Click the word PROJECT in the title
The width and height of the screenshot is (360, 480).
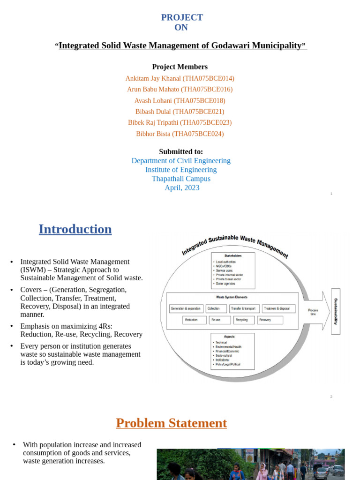pyautogui.click(x=182, y=18)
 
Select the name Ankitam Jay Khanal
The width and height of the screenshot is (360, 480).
pyautogui.click(x=153, y=78)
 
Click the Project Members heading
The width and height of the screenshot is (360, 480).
pyautogui.click(x=180, y=67)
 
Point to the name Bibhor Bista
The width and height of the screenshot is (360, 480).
pyautogui.click(x=153, y=134)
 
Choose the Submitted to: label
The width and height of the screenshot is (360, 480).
pyautogui.click(x=181, y=151)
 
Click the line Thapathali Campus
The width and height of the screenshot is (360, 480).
pyautogui.click(x=181, y=179)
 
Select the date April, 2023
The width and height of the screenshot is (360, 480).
pyautogui.click(x=182, y=187)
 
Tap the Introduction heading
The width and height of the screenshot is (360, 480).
pyautogui.click(x=75, y=229)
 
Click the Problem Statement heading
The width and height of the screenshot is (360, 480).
pyautogui.click(x=171, y=423)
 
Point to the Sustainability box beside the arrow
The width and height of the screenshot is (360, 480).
pyautogui.click(x=336, y=311)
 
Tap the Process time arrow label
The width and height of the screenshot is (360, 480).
pyautogui.click(x=313, y=312)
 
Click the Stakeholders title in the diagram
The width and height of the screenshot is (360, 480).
pyautogui.click(x=232, y=256)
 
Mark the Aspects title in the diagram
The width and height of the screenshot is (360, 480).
pyautogui.click(x=230, y=337)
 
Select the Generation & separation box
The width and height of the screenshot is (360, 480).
pyautogui.click(x=186, y=309)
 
